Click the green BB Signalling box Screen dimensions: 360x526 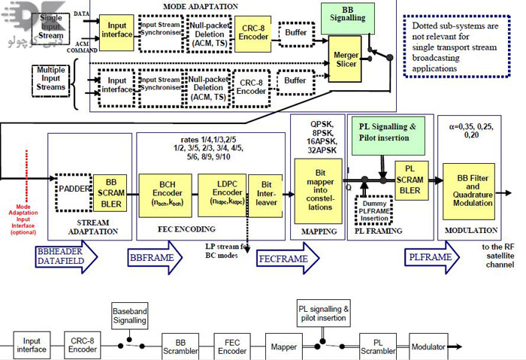coord(348,17)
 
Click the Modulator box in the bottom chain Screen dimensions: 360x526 coord(428,346)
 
